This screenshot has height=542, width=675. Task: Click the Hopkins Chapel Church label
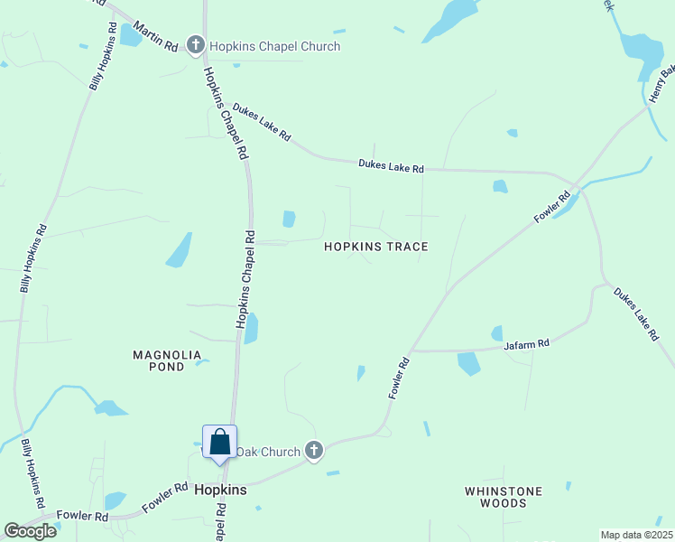[x=275, y=46]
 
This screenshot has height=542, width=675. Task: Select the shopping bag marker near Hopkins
[x=219, y=443]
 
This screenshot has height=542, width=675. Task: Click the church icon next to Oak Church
[x=314, y=450]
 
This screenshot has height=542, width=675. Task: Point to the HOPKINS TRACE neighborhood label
[x=375, y=247]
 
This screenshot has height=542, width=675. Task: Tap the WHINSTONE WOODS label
[x=504, y=497]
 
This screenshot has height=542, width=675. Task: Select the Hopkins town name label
[x=220, y=489]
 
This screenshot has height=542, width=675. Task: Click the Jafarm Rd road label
[x=527, y=344]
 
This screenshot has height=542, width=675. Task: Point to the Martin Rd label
[x=159, y=35]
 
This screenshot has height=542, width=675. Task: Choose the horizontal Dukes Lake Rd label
[x=391, y=166]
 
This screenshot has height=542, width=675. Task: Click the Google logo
[x=30, y=530]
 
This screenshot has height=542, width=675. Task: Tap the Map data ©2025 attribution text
[x=636, y=535]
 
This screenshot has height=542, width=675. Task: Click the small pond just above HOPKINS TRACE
[x=289, y=219]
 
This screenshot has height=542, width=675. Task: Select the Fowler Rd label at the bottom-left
[x=82, y=516]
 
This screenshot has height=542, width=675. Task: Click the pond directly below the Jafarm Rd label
[x=469, y=363]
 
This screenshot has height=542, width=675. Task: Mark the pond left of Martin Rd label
[x=131, y=35]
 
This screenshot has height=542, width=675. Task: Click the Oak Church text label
[x=269, y=451]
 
